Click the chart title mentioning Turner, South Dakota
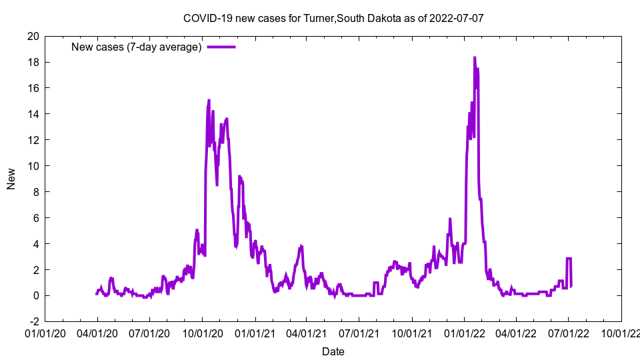(333, 18)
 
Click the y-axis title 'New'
(11, 179)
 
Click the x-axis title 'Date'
(333, 351)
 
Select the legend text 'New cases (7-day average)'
(136, 47)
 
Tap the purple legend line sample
(221, 47)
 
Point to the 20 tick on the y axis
(33, 36)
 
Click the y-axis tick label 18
(33, 62)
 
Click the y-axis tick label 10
(33, 166)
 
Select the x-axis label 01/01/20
(45, 331)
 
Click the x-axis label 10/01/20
(202, 331)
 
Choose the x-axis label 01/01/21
(255, 331)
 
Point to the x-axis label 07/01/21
(359, 331)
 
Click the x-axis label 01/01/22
(465, 331)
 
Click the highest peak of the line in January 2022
(475, 58)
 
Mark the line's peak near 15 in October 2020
(209, 101)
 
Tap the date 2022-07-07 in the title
(457, 18)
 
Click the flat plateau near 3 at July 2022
(569, 259)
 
